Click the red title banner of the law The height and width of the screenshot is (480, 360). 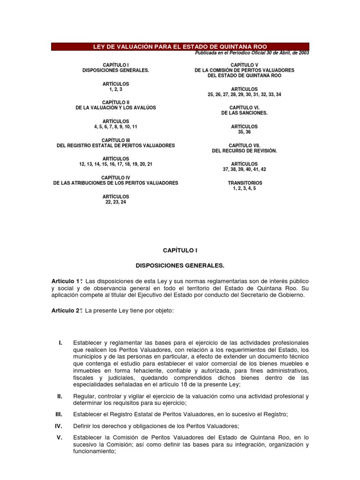tap(180, 46)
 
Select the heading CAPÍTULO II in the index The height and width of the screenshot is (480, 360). tap(115, 102)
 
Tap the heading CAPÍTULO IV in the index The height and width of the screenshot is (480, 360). tap(115, 178)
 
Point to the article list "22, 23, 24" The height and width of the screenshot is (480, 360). tap(115, 202)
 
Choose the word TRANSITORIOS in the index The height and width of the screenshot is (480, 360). tap(245, 182)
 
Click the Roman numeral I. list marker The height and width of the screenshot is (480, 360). tap(60, 343)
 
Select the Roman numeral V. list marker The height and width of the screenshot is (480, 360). tap(60, 437)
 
